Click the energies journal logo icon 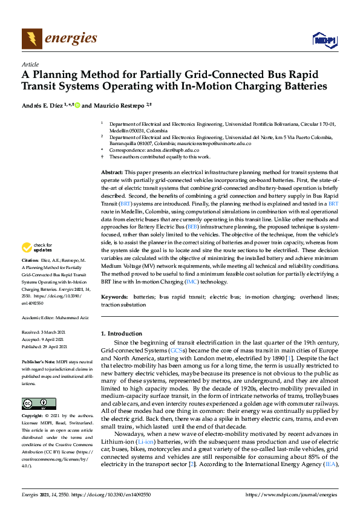[x=32, y=39]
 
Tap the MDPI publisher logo [x=321, y=40]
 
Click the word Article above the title [x=30, y=64]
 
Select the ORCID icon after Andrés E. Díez [x=77, y=105]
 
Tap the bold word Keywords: [x=115, y=297]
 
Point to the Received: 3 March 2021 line [x=45, y=332]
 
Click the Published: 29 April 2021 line [x=46, y=347]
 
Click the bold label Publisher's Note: [x=37, y=361]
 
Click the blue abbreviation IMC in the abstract [x=209, y=282]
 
